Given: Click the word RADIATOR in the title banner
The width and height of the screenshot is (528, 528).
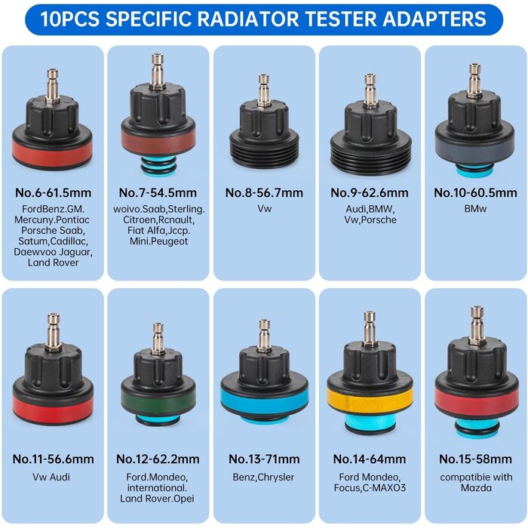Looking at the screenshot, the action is click(x=248, y=19).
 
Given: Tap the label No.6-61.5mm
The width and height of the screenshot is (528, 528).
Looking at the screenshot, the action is click(x=54, y=193).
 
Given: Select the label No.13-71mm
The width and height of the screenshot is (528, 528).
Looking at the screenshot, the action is click(x=264, y=459).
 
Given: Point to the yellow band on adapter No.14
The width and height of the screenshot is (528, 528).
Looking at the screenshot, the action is click(x=370, y=401).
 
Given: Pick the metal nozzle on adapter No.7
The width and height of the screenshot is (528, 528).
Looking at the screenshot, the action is click(x=157, y=71).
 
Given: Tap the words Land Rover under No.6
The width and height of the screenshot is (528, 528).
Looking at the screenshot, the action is click(x=54, y=262).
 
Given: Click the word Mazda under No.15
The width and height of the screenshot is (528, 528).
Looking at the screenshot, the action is click(x=476, y=487).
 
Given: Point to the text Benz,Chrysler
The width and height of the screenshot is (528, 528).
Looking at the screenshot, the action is click(x=263, y=477).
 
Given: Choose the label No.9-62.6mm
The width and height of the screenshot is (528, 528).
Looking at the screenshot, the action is click(x=370, y=193).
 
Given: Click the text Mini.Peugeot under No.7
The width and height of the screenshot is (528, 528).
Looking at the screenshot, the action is click(x=158, y=241).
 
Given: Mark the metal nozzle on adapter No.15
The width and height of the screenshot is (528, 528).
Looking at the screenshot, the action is click(x=477, y=325).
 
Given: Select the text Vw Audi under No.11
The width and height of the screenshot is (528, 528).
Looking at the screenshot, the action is click(x=51, y=477).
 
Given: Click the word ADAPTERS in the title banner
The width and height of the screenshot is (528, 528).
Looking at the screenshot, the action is click(x=434, y=19).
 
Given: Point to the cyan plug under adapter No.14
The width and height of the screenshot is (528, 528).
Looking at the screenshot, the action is click(x=370, y=424).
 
